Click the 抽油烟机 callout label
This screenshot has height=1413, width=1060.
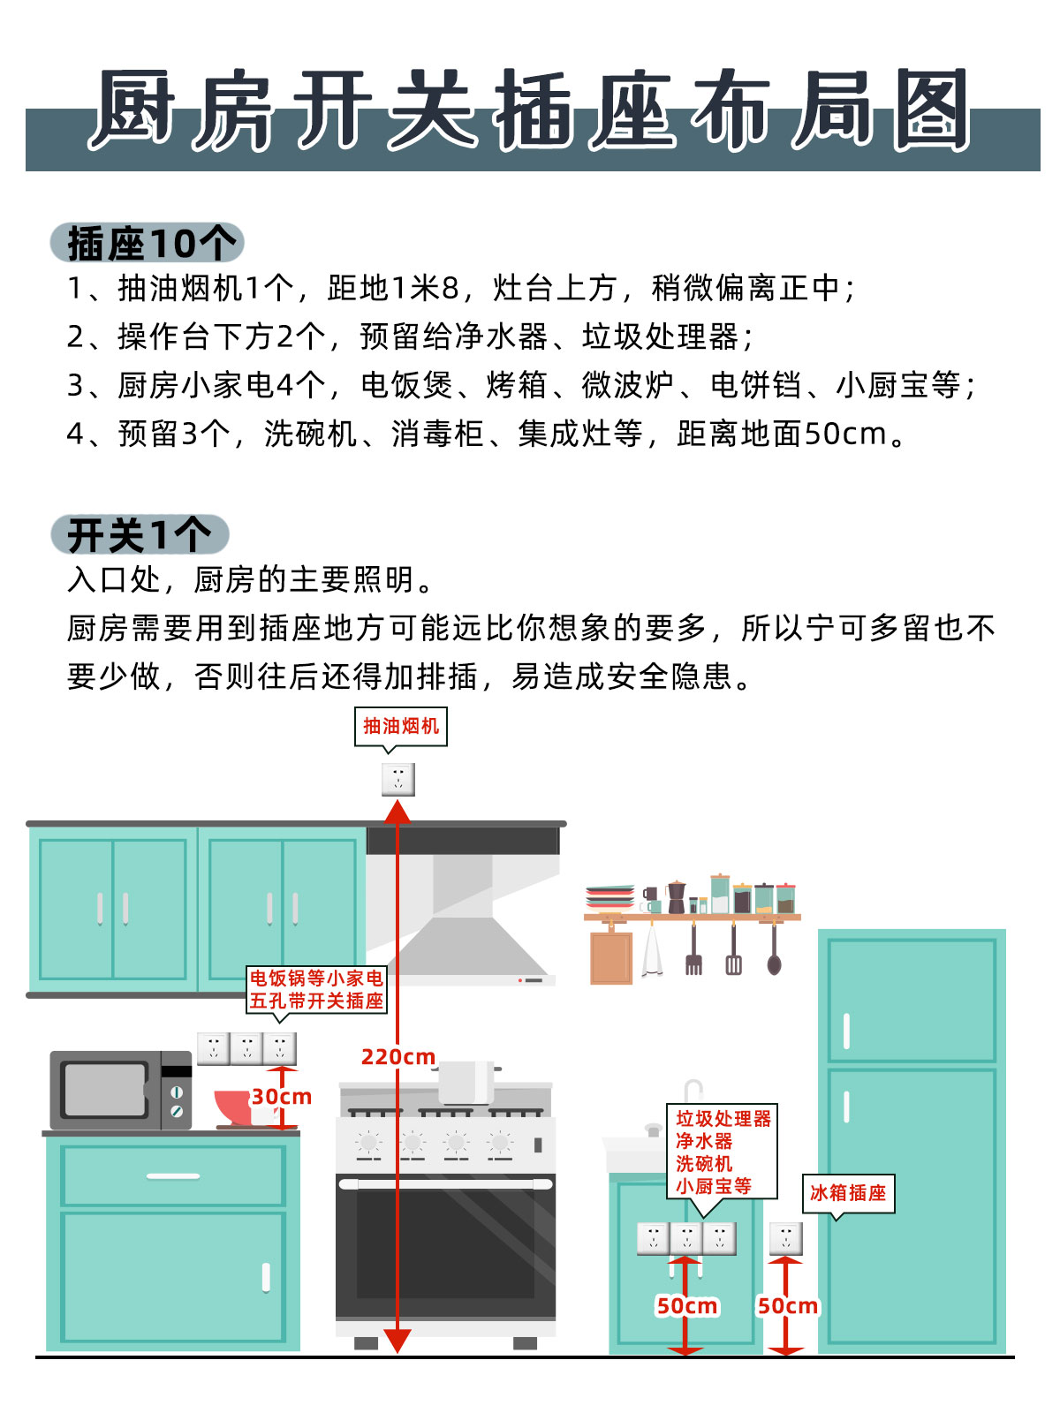401,726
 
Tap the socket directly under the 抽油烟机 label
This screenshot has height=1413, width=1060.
398,780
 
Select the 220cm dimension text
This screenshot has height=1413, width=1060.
398,1057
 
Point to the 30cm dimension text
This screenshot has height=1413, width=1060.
282,1097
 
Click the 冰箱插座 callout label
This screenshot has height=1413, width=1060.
848,1193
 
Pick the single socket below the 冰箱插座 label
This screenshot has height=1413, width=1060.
786,1238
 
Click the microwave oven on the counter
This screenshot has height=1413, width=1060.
121,1091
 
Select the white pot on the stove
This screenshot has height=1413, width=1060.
466,1083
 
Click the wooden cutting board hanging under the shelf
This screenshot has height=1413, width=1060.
611,957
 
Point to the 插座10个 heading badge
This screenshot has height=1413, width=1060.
148,243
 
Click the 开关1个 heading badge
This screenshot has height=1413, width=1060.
140,534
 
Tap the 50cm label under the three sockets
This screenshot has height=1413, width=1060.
687,1306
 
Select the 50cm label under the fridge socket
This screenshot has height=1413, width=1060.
788,1306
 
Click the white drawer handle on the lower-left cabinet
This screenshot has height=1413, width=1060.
173,1176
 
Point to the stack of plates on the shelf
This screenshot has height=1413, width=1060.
609,897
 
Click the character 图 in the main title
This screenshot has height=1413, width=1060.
931,110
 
